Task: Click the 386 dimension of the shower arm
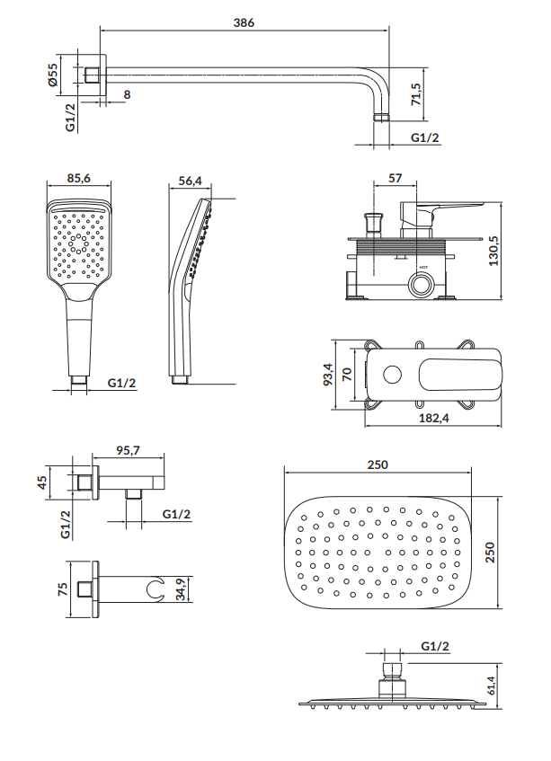click(x=244, y=23)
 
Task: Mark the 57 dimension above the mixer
click(x=395, y=179)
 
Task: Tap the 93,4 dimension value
click(x=328, y=373)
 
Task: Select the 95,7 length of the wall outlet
click(x=129, y=453)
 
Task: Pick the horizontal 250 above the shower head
click(x=378, y=465)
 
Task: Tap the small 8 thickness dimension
click(x=127, y=94)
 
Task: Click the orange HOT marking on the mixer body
click(x=421, y=269)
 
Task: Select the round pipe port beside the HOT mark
click(x=420, y=287)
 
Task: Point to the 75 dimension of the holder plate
click(x=62, y=589)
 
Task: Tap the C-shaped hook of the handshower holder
click(x=157, y=590)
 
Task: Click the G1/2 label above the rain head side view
click(x=434, y=647)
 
